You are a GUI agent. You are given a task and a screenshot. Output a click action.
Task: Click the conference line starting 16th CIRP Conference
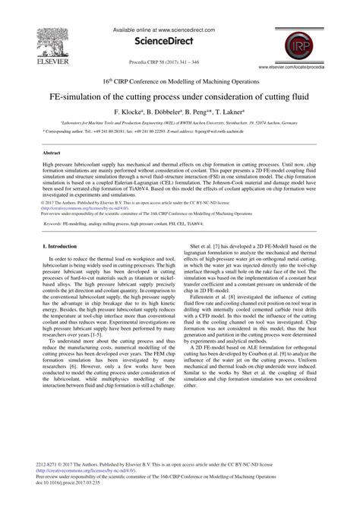(x=180, y=78)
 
